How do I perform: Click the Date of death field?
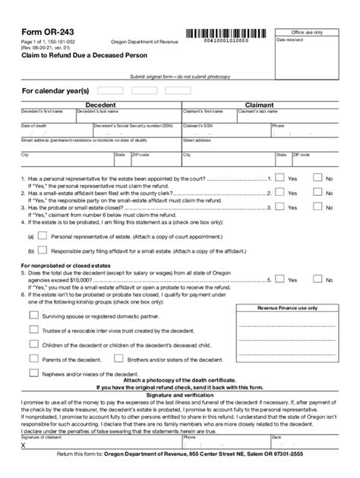[47, 132]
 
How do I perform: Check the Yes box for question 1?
[279, 178]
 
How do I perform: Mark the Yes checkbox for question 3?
[279, 206]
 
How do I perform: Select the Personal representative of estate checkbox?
[42, 235]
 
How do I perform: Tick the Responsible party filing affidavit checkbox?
[42, 248]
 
